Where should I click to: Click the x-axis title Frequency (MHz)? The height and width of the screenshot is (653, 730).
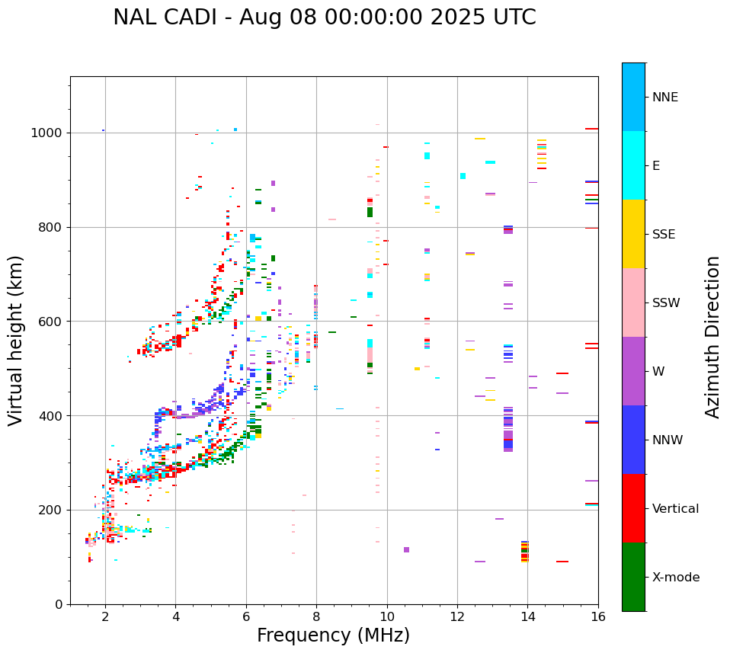tap(333, 635)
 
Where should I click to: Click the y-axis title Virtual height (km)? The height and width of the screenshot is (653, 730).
tap(16, 340)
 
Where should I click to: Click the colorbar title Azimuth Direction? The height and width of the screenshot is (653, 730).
tap(712, 337)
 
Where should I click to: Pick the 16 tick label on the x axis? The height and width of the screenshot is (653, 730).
tap(597, 616)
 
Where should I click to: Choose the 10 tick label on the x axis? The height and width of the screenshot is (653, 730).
tap(386, 616)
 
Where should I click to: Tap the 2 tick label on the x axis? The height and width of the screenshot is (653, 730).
tap(105, 616)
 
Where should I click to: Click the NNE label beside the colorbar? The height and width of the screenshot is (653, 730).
tap(664, 98)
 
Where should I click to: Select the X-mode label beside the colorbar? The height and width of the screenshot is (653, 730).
tap(675, 578)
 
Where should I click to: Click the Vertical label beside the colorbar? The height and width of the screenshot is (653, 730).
tap(675, 509)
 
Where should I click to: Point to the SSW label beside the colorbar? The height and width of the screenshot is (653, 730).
tap(666, 303)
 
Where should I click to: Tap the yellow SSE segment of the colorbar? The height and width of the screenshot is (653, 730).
tap(633, 234)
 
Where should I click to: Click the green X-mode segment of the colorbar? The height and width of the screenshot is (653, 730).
tap(633, 577)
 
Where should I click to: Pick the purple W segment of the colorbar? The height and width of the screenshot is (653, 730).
tap(633, 371)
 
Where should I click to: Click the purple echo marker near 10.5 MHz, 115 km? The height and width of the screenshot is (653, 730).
tap(406, 549)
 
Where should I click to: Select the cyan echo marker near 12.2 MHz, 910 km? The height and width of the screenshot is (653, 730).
tap(463, 176)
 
